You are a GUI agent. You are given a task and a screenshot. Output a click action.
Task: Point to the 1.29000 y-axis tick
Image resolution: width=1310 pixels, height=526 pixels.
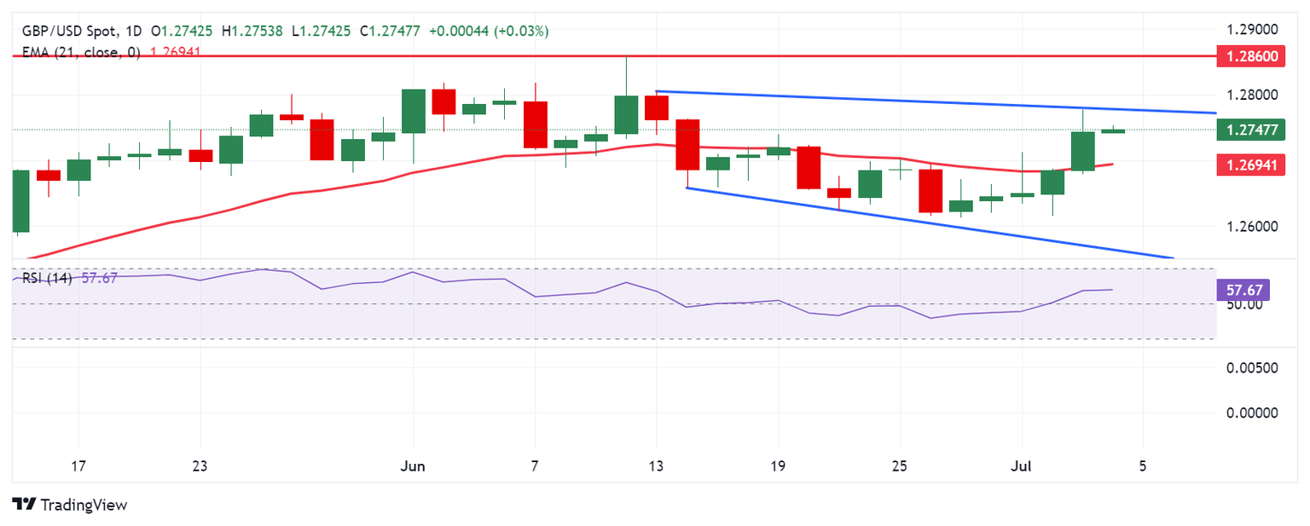[1254, 30]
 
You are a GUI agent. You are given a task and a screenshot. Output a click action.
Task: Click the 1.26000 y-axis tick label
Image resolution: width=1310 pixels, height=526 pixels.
[1254, 226]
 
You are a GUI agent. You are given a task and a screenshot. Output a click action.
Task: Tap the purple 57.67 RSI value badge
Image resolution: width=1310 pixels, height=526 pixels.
[1243, 290]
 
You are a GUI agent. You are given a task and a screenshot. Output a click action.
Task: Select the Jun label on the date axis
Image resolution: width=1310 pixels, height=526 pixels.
[413, 467]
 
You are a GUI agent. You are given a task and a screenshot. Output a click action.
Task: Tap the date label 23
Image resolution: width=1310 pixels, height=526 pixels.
[200, 467]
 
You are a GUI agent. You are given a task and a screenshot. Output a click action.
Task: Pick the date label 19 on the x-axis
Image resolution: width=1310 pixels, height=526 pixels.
[778, 467]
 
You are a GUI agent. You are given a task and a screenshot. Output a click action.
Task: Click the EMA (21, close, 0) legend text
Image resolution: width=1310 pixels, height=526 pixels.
[79, 51]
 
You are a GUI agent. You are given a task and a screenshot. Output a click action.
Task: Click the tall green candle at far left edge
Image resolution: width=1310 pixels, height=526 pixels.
[21, 201]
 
